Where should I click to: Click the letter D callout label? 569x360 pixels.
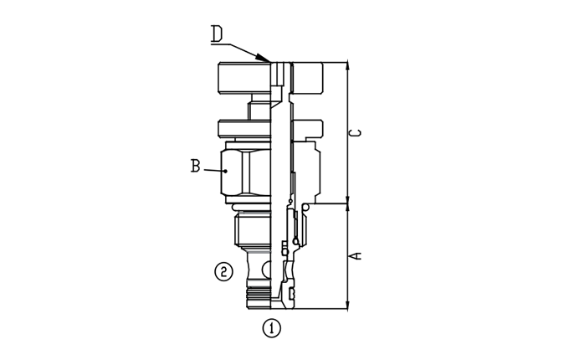click(x=217, y=34)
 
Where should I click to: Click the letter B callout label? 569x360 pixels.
click(x=195, y=166)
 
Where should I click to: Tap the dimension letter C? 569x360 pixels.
click(x=356, y=133)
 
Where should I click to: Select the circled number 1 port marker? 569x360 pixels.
click(x=271, y=328)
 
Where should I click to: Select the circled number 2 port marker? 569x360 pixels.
click(x=223, y=271)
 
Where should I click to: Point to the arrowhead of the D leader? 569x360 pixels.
click(x=263, y=58)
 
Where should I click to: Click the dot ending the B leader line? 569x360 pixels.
click(x=226, y=171)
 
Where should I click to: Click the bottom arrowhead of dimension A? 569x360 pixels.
click(x=347, y=304)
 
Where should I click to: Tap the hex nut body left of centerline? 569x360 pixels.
click(x=246, y=172)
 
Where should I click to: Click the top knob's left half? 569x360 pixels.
click(x=244, y=78)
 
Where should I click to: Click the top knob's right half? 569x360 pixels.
click(x=307, y=77)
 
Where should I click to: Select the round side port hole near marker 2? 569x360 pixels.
click(x=267, y=269)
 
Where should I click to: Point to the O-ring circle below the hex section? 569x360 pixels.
click(x=305, y=208)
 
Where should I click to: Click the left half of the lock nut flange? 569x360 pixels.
click(x=244, y=129)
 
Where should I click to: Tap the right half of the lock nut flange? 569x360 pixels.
click(x=307, y=128)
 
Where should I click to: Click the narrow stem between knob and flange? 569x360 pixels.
click(x=259, y=111)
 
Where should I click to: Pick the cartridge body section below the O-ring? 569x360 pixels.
click(x=254, y=229)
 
